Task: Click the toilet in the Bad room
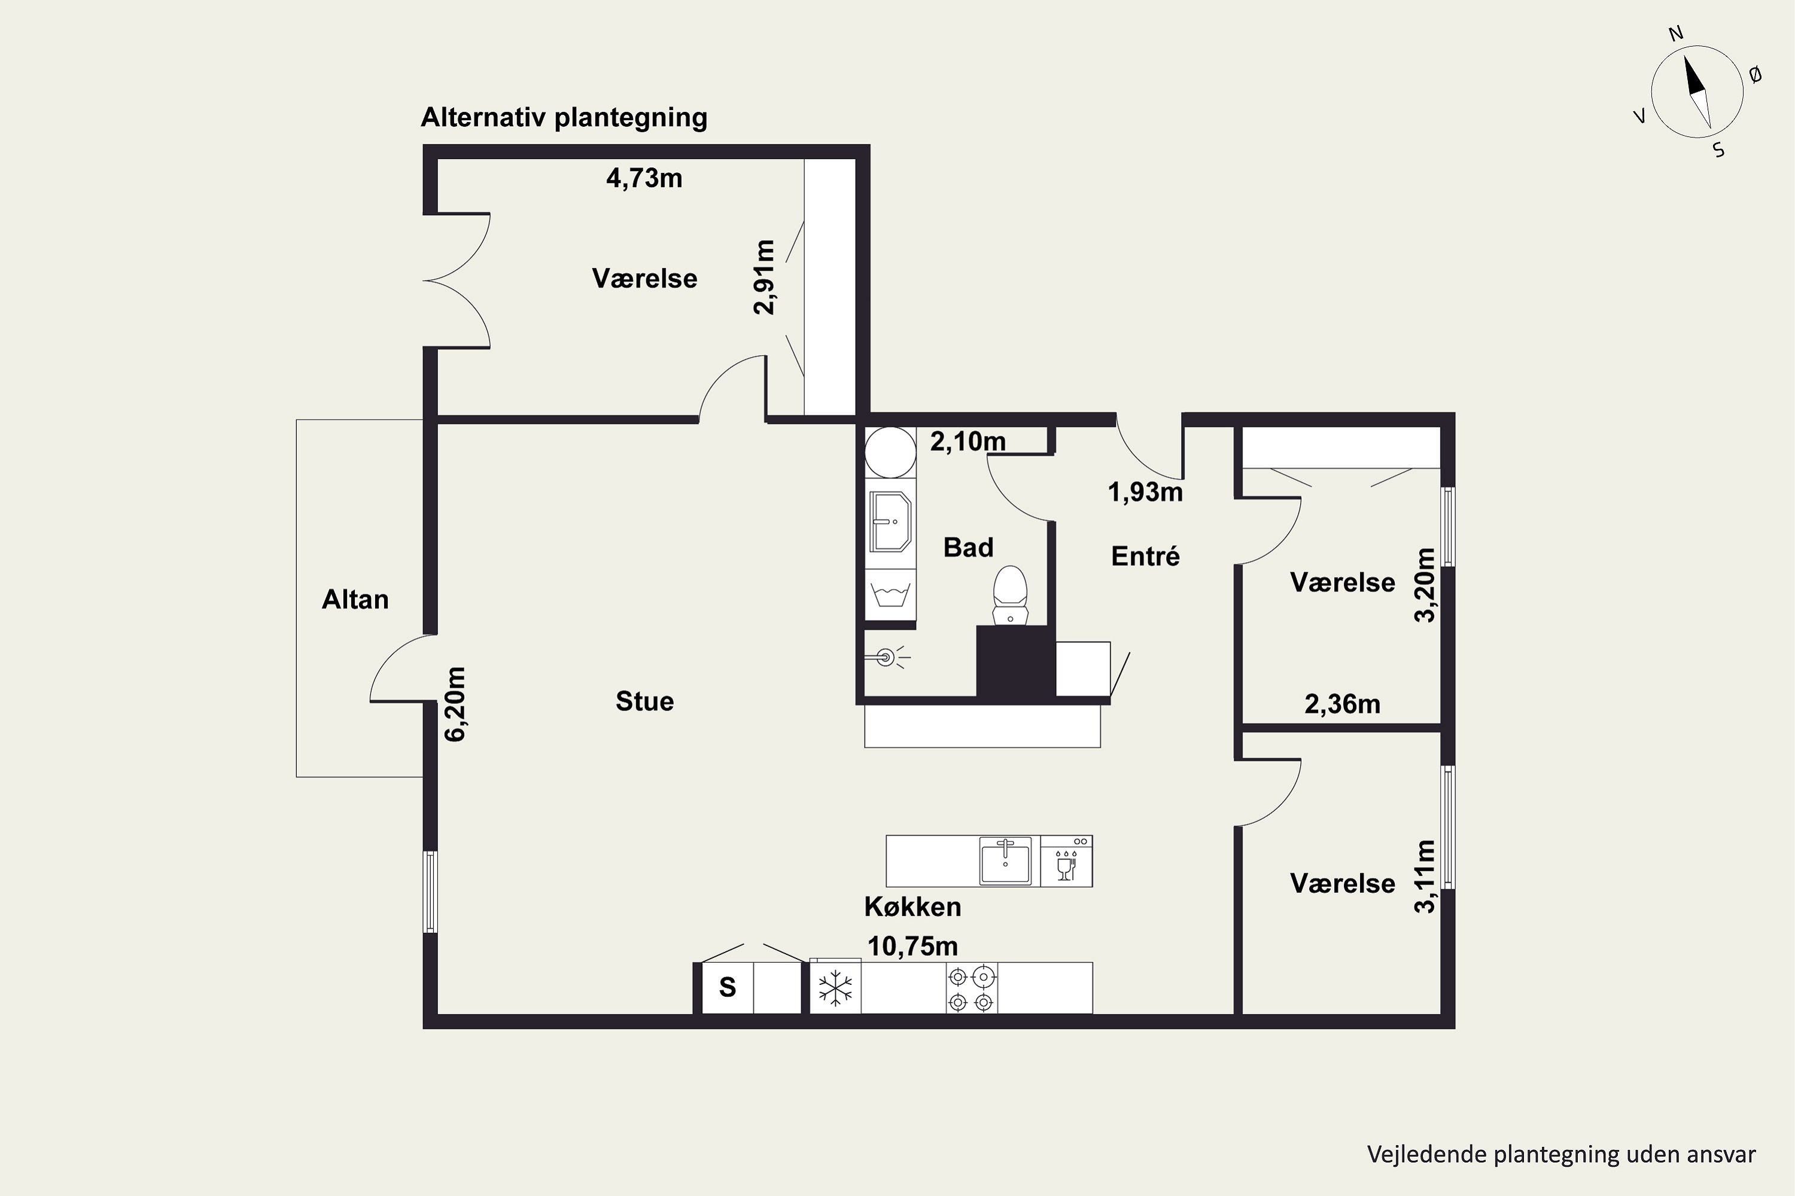point(1010,595)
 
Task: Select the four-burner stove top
point(972,988)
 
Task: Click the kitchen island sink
point(1005,861)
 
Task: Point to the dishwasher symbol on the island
point(1067,861)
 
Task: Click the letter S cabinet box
point(728,988)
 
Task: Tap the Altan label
point(355,600)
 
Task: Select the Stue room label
point(645,701)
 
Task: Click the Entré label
point(1146,556)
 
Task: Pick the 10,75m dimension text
point(913,947)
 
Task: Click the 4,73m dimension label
point(644,178)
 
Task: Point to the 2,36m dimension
point(1343,704)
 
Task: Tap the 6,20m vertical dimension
point(455,704)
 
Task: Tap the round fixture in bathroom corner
point(890,452)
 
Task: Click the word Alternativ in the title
point(484,117)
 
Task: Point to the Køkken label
point(913,907)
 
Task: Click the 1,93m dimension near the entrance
point(1146,493)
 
